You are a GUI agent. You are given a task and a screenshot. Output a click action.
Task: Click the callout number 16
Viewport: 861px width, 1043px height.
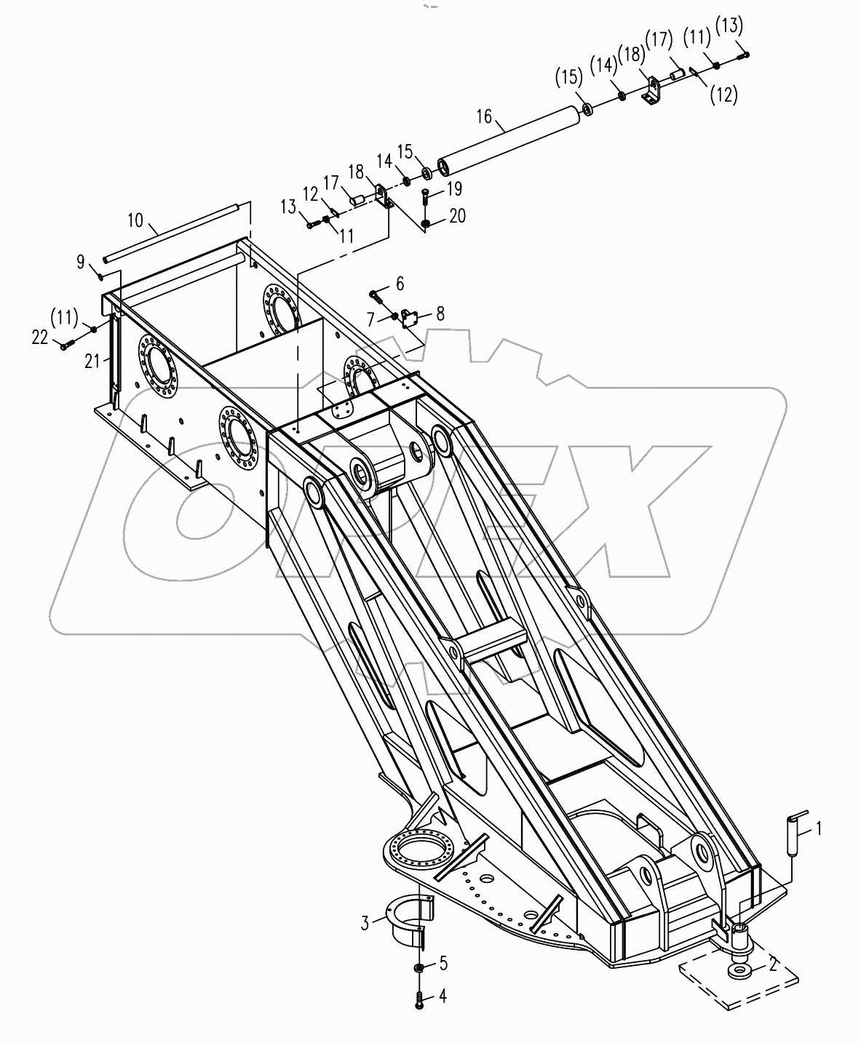pos(485,116)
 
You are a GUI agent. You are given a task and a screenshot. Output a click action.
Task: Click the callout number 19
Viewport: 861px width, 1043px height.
pos(454,189)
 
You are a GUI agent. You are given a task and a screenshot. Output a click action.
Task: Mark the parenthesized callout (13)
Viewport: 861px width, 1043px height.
pos(729,26)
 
